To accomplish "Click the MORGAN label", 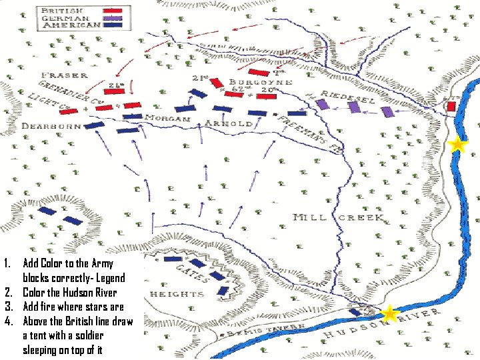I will coord(167,119).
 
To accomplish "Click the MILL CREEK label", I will coord(338,217).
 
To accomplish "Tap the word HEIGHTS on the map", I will coord(177,293).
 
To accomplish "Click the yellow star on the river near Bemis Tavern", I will coord(389,313).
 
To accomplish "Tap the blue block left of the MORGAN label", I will coord(133,117).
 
